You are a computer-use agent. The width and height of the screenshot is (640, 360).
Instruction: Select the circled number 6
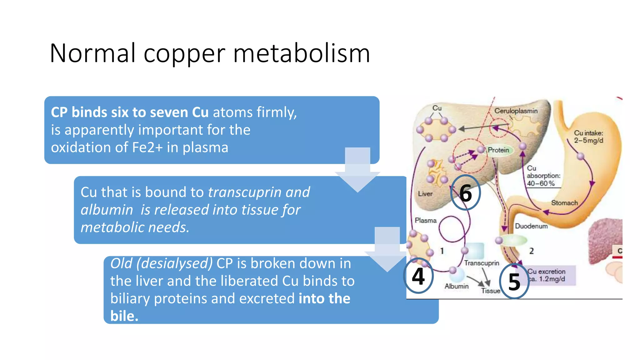(x=466, y=192)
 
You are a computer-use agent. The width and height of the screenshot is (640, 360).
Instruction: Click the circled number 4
(x=418, y=276)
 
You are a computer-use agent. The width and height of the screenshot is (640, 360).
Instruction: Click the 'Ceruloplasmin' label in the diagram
(x=516, y=111)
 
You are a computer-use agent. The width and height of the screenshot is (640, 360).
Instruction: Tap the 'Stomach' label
(x=564, y=203)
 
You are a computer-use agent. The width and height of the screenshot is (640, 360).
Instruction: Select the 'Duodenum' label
(x=531, y=226)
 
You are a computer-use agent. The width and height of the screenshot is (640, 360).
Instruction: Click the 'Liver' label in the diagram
(x=425, y=194)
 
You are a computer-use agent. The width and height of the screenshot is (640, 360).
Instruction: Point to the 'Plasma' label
(x=426, y=220)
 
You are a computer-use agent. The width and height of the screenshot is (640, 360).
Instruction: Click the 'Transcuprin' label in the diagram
(x=482, y=263)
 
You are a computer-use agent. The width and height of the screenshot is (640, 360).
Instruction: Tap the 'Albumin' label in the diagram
(x=457, y=286)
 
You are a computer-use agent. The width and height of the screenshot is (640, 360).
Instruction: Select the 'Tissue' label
(x=491, y=291)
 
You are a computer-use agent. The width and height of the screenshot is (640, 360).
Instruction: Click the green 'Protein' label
(x=498, y=150)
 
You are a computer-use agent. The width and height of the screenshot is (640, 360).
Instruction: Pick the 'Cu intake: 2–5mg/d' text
(x=588, y=137)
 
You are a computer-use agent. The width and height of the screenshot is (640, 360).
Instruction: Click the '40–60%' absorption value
(x=541, y=183)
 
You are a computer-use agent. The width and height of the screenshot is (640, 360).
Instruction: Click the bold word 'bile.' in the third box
(x=124, y=316)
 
